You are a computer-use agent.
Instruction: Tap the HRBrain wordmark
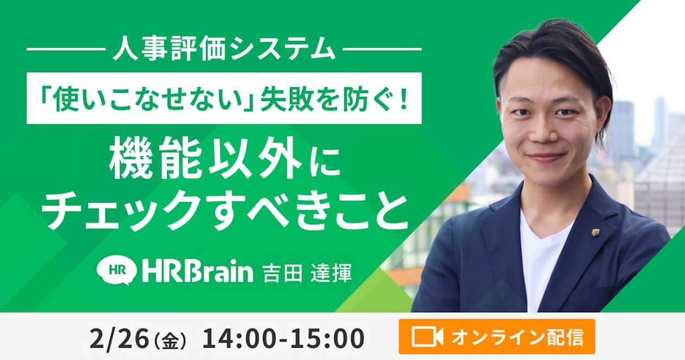(x=197, y=271)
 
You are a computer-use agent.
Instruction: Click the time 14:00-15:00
(x=283, y=339)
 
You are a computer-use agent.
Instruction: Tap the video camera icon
(x=427, y=337)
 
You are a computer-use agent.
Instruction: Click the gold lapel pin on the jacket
(x=595, y=232)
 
